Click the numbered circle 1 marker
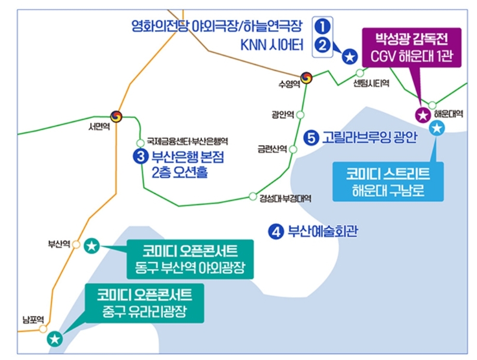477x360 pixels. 323,25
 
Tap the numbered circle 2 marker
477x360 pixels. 323,45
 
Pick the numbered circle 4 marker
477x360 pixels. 276,231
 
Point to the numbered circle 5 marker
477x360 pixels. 311,138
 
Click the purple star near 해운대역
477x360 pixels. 423,115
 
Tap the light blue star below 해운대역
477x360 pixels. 438,128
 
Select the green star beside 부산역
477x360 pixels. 92,245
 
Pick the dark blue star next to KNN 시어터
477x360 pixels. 350,56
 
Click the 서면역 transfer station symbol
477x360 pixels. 116,116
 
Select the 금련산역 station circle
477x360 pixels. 293,149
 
